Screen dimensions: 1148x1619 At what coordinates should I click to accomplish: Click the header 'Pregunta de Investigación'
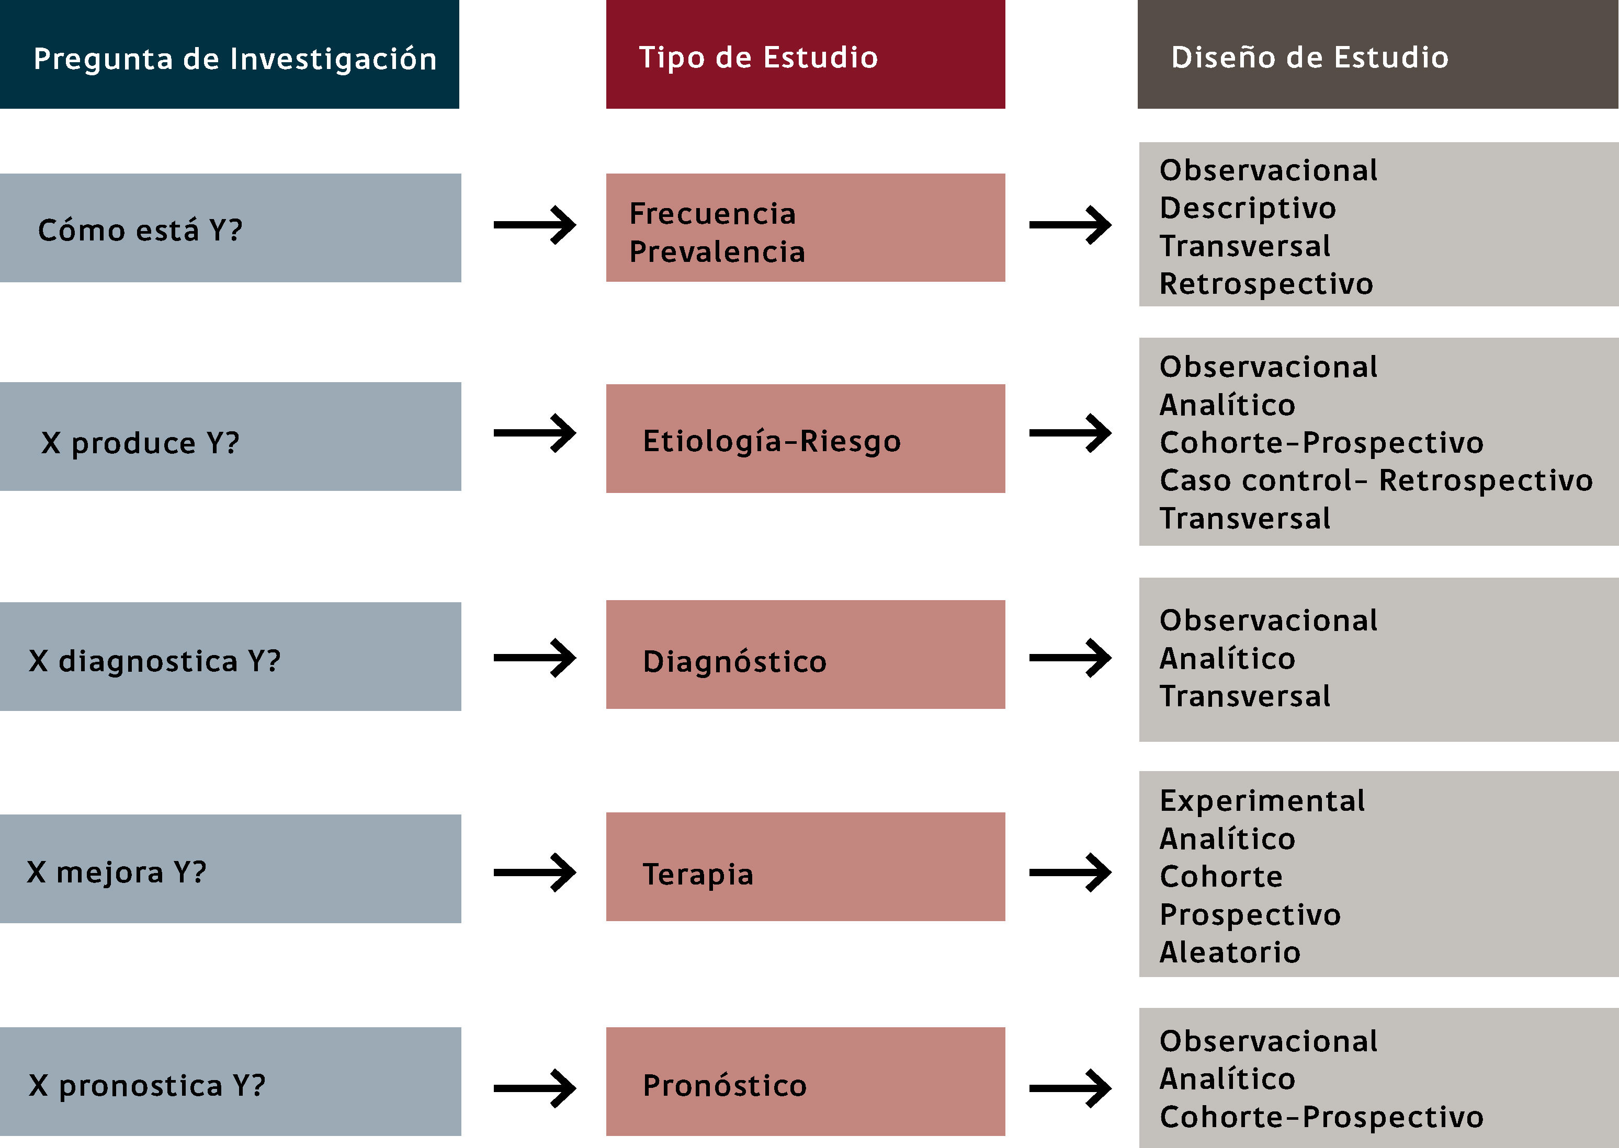click(x=235, y=58)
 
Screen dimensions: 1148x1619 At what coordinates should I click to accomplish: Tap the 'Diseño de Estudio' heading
click(x=1309, y=56)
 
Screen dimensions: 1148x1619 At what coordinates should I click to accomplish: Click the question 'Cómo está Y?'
click(x=140, y=229)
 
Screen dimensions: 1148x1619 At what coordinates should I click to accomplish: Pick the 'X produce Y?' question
click(x=140, y=442)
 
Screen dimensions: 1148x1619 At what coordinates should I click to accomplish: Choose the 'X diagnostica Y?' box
click(x=154, y=660)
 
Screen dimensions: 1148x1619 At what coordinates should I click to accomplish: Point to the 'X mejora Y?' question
click(x=117, y=871)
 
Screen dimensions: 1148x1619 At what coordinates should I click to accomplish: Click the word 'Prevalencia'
click(x=717, y=251)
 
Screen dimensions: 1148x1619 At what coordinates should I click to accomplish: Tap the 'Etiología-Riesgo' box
click(x=772, y=440)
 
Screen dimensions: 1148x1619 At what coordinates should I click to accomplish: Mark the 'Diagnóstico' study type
click(x=734, y=661)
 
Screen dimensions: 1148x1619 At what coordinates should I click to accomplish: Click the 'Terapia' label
click(x=697, y=874)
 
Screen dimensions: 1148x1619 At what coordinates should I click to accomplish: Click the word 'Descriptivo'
click(x=1248, y=208)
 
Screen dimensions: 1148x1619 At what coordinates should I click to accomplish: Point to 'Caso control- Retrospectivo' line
click(x=1376, y=480)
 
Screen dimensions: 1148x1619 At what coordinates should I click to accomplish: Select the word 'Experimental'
click(x=1262, y=800)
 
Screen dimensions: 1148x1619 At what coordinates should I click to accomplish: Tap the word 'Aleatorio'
click(x=1230, y=951)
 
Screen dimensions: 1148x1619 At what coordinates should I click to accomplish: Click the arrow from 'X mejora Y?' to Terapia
click(x=535, y=873)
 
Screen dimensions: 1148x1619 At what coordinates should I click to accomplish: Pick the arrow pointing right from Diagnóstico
click(x=1070, y=658)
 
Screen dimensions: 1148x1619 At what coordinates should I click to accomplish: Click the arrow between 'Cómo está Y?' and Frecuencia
click(x=535, y=225)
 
